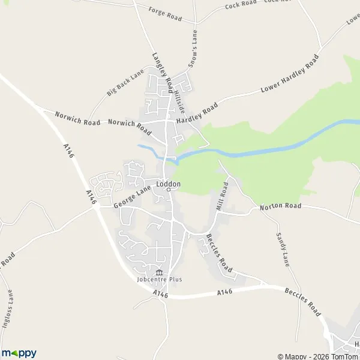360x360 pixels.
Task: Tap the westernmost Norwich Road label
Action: click(x=77, y=118)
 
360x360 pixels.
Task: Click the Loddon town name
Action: click(x=169, y=184)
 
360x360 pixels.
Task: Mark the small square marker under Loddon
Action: click(x=169, y=190)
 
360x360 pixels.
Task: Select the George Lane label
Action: click(x=133, y=196)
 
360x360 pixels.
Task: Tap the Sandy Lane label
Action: click(x=282, y=250)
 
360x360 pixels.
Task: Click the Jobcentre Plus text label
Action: click(x=158, y=279)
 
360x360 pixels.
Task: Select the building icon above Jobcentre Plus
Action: click(x=158, y=272)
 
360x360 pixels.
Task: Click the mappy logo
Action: click(x=19, y=353)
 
